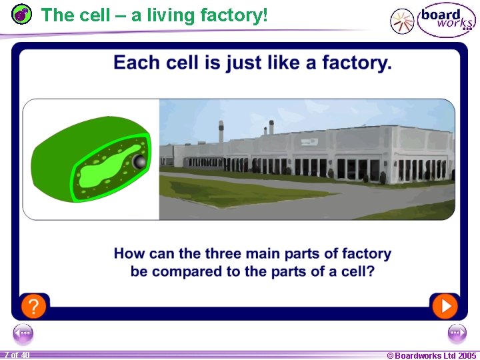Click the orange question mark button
pos(33,307)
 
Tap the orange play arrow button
pos(445,306)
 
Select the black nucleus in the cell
pos(139,162)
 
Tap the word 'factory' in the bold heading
pos(355,63)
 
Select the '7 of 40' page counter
pos(16,355)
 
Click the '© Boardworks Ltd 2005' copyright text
pos(432,355)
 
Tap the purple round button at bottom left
pos(23,333)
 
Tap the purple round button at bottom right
pos(457,333)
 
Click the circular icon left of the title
pos(22,15)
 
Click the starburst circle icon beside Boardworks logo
pos(402,21)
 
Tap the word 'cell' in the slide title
pos(91,15)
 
